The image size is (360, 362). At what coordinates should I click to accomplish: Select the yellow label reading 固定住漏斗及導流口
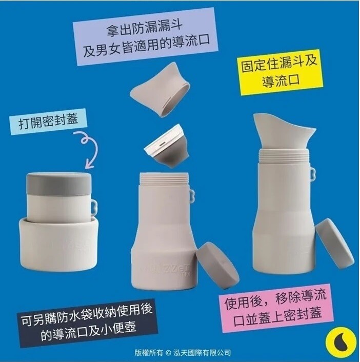(279, 72)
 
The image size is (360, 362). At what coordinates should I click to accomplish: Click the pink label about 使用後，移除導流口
(276, 308)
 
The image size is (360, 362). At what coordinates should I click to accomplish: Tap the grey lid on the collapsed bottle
(59, 184)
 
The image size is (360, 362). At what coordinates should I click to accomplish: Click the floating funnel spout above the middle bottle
(161, 89)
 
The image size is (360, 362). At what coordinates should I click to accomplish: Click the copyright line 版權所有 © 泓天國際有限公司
(183, 353)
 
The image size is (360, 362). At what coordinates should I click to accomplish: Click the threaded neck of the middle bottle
(164, 179)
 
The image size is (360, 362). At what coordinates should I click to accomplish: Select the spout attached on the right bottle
(283, 132)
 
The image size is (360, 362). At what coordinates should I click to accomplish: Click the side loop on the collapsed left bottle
(94, 206)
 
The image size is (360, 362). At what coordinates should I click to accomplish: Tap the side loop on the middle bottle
(192, 196)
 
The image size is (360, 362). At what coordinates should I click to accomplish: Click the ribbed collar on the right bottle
(284, 156)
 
